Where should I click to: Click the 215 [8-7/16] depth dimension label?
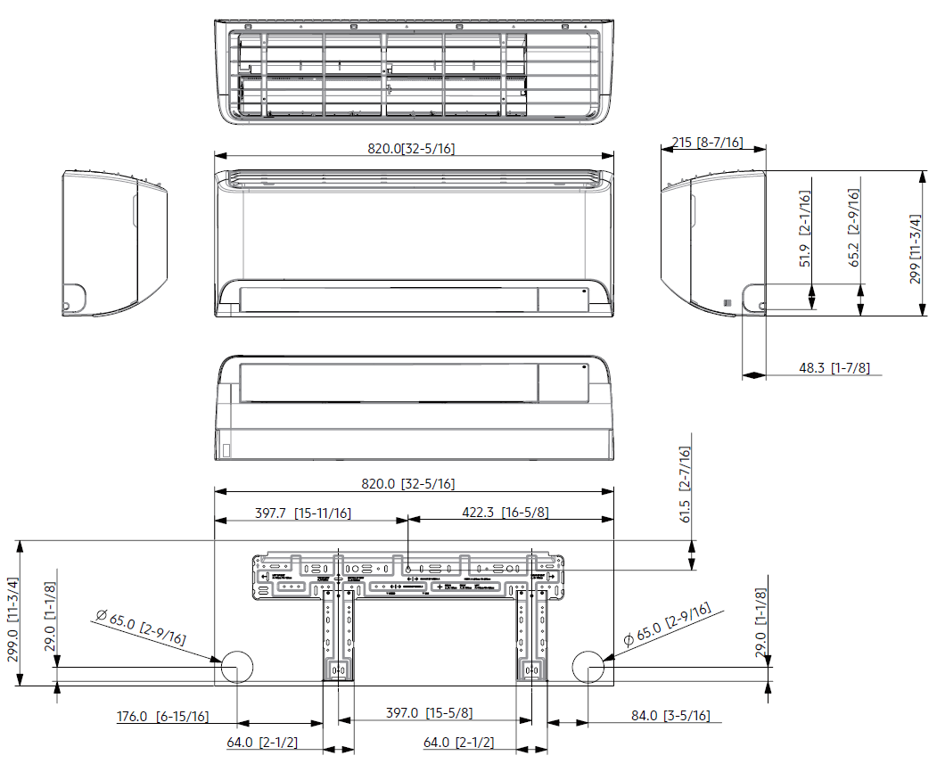(706, 143)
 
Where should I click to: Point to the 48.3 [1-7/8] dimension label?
(834, 367)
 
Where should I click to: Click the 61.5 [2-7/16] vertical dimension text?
(686, 487)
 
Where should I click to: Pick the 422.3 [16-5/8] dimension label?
(505, 513)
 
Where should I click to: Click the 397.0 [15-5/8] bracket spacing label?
(429, 713)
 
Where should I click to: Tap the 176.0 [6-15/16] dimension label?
(163, 716)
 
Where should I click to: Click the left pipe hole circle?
(237, 666)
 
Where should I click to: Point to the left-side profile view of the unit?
(113, 243)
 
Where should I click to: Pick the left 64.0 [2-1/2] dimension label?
(262, 742)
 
